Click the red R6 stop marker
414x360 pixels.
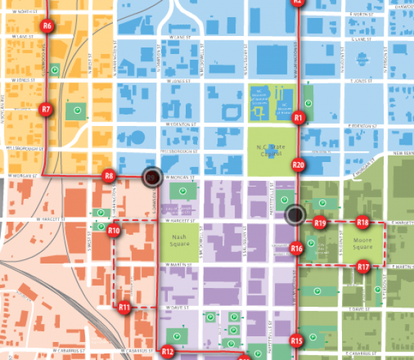tap(48, 27)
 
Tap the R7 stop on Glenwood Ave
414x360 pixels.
tap(46, 110)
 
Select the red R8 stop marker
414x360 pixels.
tap(109, 176)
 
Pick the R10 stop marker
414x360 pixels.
tap(114, 231)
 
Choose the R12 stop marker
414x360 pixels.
tap(168, 352)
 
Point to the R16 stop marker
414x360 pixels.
tap(297, 249)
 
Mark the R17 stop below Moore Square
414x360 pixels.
tap(364, 267)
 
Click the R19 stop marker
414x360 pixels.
tap(320, 224)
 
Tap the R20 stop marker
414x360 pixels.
tap(299, 165)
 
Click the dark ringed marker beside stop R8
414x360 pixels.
tap(151, 177)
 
